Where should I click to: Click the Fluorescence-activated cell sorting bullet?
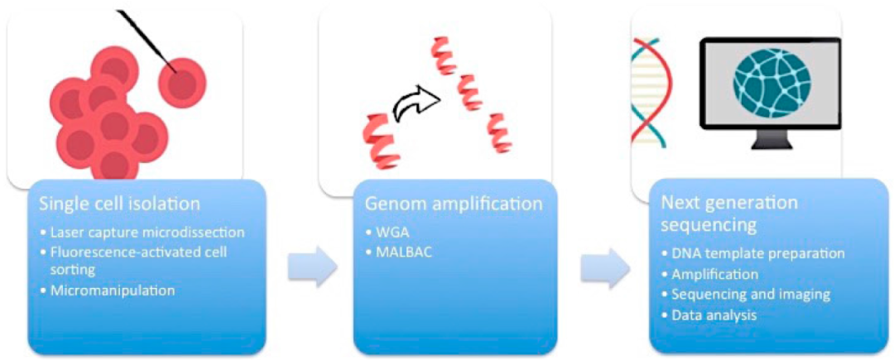pos(135,260)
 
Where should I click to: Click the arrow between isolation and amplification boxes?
pos(311,266)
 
